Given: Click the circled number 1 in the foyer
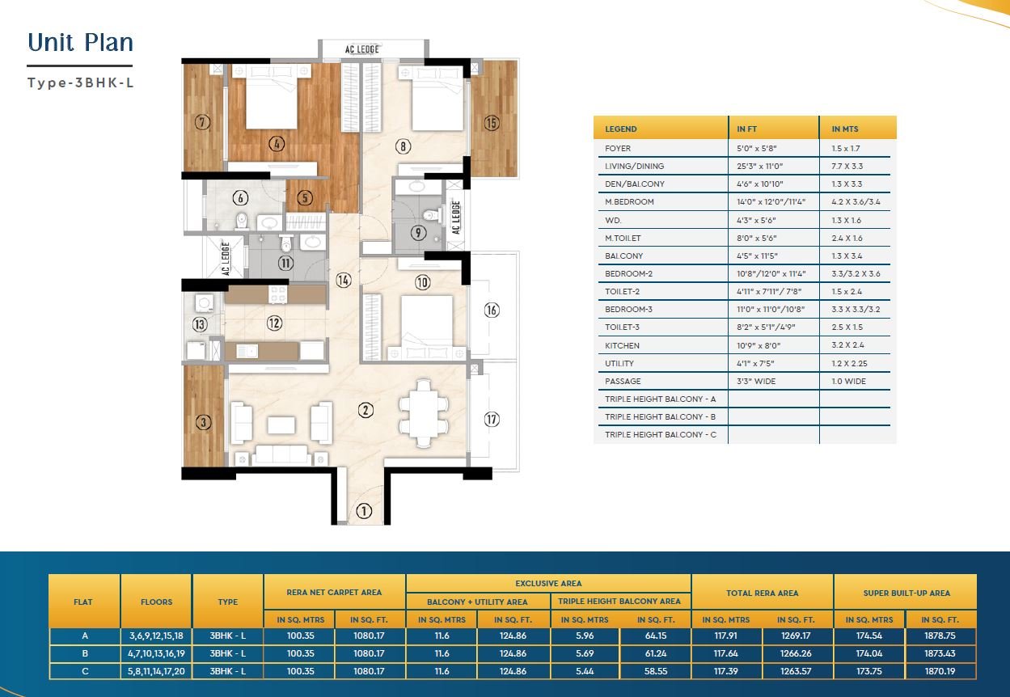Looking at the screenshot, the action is [364, 511].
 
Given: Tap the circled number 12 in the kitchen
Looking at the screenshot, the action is [275, 323].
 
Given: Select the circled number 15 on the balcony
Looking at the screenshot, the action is [492, 123].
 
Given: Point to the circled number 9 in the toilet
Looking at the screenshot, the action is [418, 233].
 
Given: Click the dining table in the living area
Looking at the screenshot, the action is [424, 413].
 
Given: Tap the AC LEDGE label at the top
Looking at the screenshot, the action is [362, 49].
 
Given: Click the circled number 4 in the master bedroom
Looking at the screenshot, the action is [277, 144].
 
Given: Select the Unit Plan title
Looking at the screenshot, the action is [81, 42].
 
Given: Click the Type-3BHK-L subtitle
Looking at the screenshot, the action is [81, 83].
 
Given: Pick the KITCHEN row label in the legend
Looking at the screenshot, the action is [622, 346].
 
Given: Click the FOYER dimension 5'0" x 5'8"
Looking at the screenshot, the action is [757, 148].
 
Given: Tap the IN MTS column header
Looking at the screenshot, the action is [845, 129].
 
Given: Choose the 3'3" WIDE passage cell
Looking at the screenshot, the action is [756, 382].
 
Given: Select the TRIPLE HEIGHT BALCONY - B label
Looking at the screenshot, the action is [660, 417].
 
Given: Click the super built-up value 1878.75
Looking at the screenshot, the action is [940, 636].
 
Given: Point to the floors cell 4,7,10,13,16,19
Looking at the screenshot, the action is [156, 653].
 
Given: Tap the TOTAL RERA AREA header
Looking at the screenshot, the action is [762, 594].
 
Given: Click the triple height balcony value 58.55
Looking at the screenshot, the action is [656, 671].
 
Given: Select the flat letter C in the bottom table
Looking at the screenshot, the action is [85, 671].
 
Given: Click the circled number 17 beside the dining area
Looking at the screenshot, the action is [492, 420].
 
